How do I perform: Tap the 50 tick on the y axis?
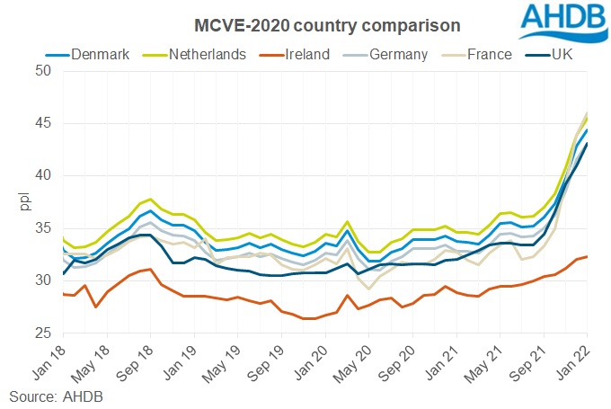(x=42, y=70)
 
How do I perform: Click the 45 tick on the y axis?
(x=42, y=122)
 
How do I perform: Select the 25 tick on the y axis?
(x=42, y=333)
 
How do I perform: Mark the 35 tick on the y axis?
(x=42, y=227)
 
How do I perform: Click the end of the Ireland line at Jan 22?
(x=588, y=256)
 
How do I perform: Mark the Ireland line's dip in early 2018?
(x=96, y=307)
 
